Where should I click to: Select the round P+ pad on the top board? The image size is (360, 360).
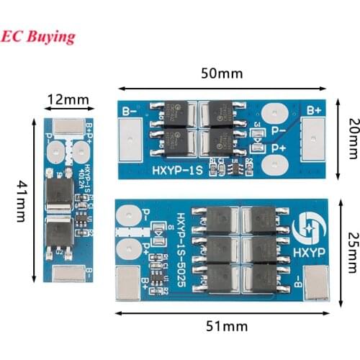click(x=274, y=165)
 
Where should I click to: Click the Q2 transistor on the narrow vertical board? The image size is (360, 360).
click(x=58, y=234)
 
